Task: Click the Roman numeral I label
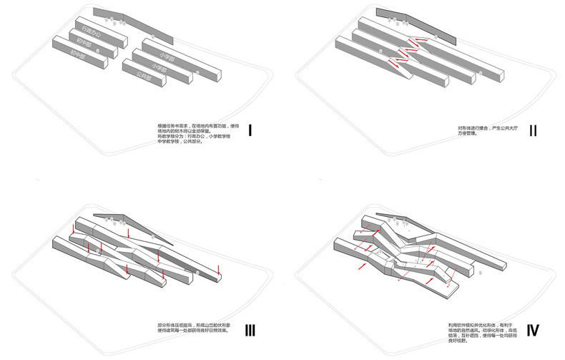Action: pos(250,131)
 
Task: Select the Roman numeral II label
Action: pos(534,131)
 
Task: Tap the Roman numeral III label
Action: pos(250,330)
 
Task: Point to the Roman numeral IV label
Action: pos(534,330)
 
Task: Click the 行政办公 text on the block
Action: pos(92,34)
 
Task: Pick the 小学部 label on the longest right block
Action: pos(169,56)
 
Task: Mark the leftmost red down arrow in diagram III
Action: pos(72,229)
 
